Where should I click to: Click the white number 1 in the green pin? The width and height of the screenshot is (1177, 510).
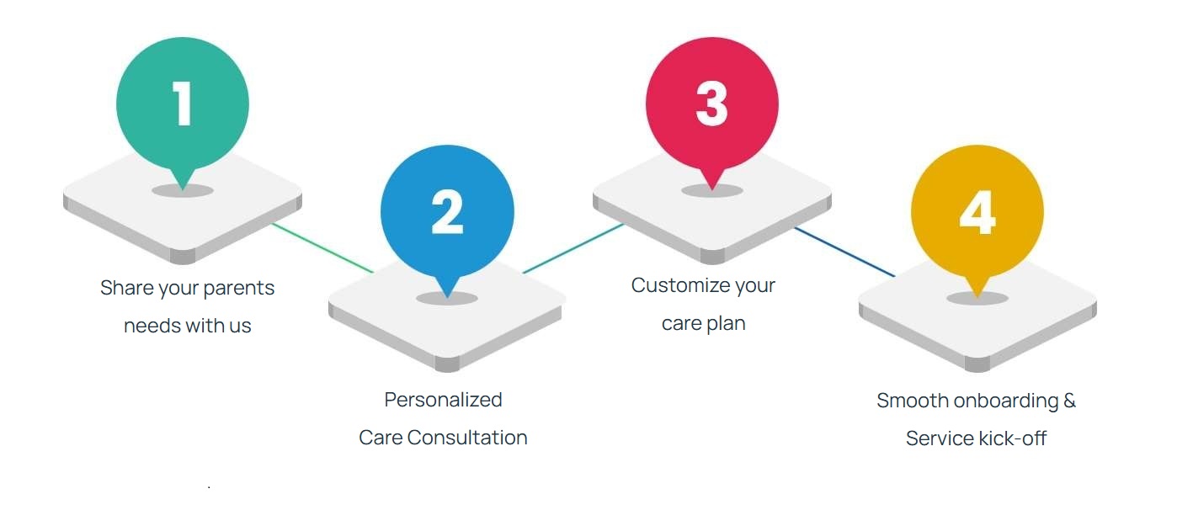[x=183, y=104]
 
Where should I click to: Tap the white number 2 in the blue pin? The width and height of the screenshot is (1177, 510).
[x=447, y=213]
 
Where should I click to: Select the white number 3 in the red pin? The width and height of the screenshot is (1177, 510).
[x=711, y=104]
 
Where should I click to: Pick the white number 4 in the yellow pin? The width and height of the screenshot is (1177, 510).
[x=977, y=213]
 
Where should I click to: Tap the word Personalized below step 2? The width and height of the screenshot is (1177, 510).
[x=443, y=400]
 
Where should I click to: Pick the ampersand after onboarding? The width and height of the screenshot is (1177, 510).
[x=1069, y=401]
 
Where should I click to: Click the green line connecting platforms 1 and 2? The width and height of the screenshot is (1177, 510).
[x=322, y=248]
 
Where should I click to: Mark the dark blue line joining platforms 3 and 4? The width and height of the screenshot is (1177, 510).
[x=844, y=252]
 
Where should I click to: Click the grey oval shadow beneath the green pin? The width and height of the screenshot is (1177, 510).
[x=183, y=191]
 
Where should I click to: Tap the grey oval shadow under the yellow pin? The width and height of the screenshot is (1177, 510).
[x=977, y=299]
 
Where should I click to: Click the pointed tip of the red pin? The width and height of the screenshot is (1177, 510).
[x=711, y=186]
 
